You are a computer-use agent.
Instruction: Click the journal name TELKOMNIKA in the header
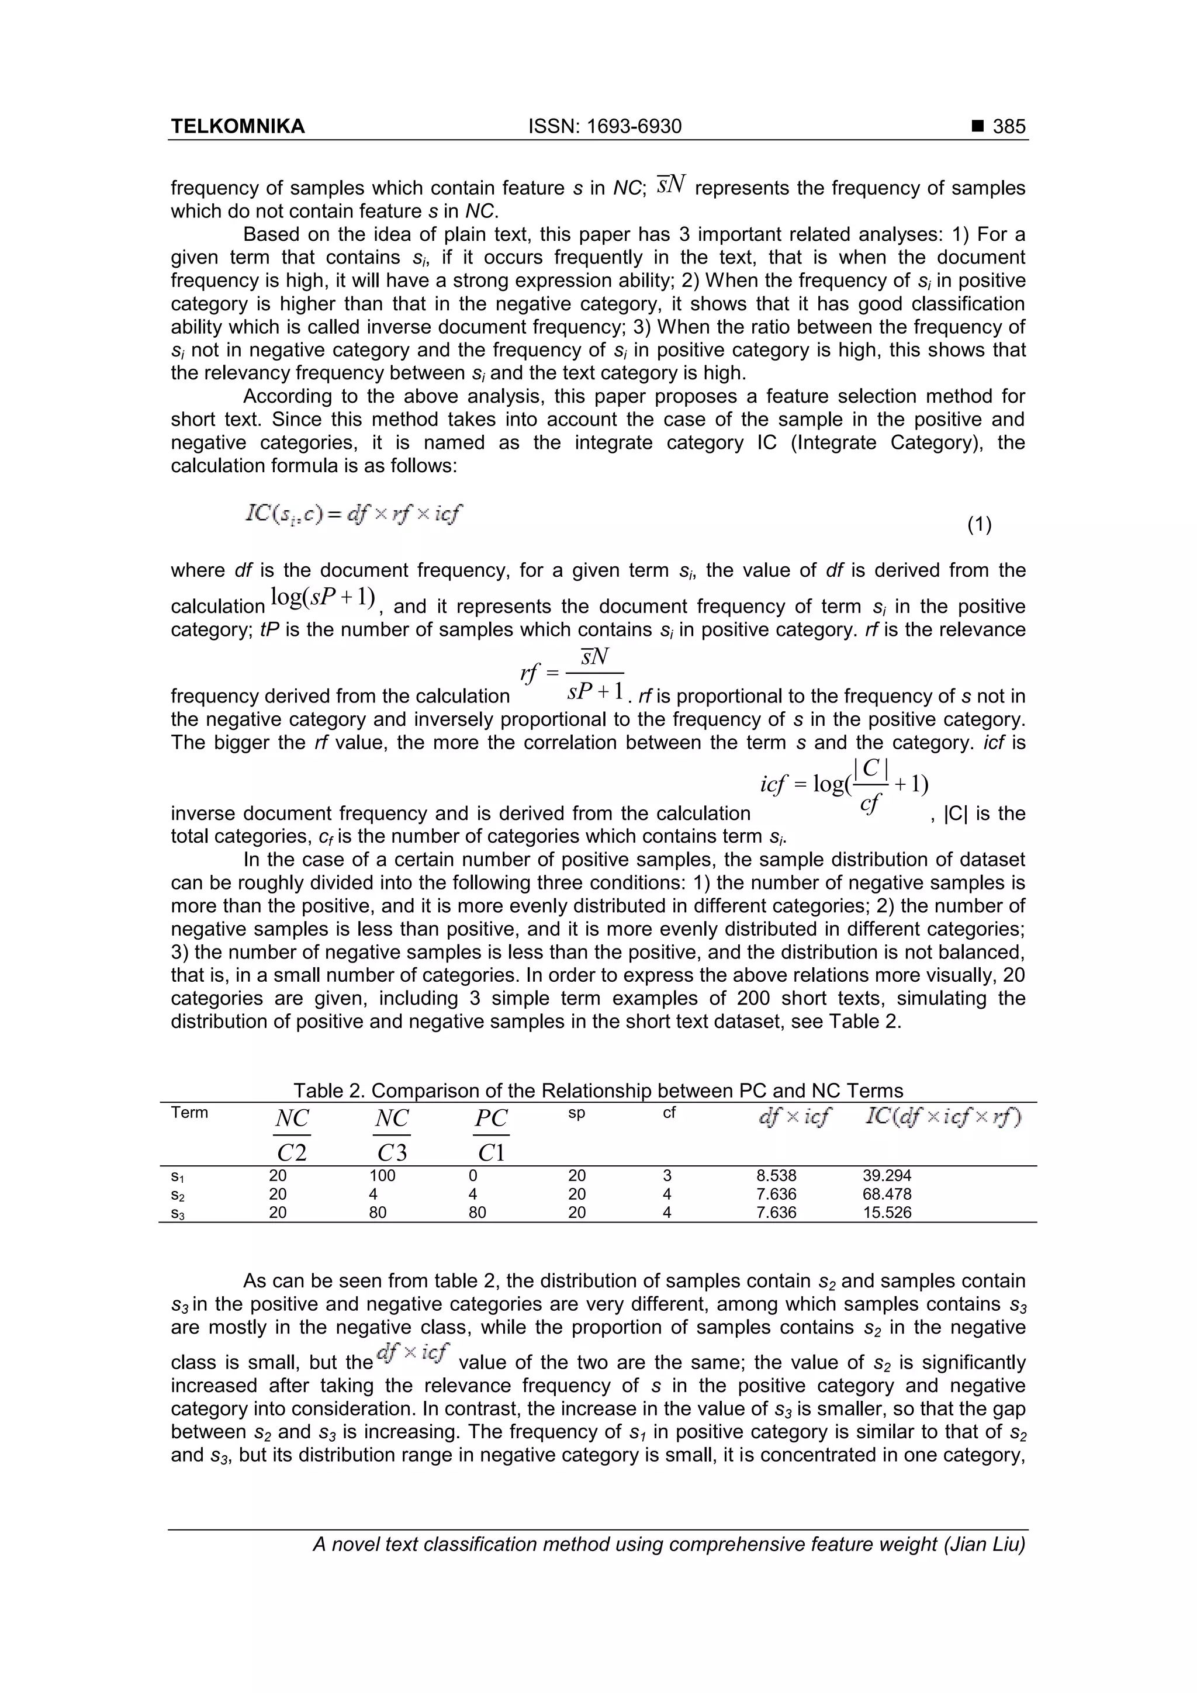click(x=237, y=127)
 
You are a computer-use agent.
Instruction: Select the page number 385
click(x=1008, y=127)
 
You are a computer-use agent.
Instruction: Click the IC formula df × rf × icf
click(x=354, y=513)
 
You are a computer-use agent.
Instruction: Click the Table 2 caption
click(x=597, y=1090)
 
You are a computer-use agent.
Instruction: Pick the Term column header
click(x=189, y=1113)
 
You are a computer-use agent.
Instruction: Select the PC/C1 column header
click(x=491, y=1134)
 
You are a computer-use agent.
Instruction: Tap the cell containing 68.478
click(x=887, y=1194)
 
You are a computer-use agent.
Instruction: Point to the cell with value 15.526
click(x=887, y=1212)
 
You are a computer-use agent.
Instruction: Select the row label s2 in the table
click(x=177, y=1195)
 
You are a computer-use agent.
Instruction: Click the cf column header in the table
click(x=668, y=1113)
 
